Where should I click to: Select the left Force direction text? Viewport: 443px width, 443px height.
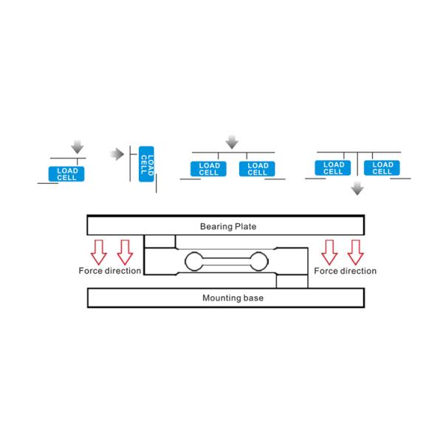click(110, 271)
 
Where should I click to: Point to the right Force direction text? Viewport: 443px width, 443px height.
click(345, 271)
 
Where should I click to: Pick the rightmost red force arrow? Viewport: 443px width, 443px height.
click(356, 251)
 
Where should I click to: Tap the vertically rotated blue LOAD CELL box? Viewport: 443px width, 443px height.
click(147, 164)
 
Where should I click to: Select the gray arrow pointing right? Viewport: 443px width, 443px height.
click(116, 154)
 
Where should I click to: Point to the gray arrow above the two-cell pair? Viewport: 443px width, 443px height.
click(232, 141)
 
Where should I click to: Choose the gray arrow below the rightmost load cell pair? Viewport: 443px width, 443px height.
click(357, 188)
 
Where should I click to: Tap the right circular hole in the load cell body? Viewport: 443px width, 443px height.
click(258, 261)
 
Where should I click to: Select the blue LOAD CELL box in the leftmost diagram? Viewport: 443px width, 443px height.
click(66, 174)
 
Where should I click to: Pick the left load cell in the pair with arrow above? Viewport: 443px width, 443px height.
click(209, 169)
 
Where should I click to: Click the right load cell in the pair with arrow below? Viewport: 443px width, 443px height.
click(382, 168)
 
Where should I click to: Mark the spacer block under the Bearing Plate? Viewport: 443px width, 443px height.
click(161, 241)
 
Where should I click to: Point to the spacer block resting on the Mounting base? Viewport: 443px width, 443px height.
click(292, 281)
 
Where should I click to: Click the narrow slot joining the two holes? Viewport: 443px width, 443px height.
click(227, 261)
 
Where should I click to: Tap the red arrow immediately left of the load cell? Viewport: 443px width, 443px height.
click(124, 251)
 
